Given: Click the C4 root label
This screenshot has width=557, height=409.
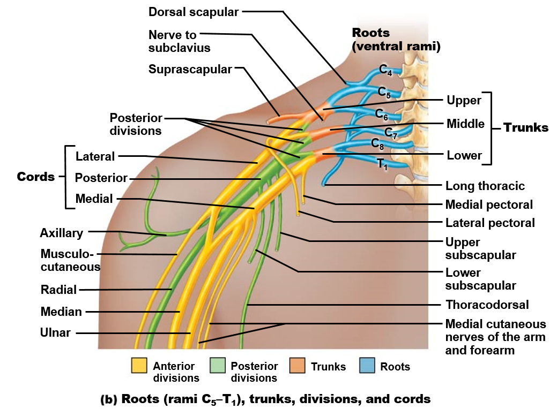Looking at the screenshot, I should (x=386, y=70).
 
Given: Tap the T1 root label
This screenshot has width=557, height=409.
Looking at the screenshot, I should (x=382, y=164).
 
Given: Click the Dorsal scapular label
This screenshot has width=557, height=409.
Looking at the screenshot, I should (x=194, y=12).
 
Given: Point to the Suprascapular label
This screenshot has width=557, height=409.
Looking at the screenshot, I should (x=190, y=69).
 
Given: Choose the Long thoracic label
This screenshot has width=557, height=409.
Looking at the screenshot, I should (x=485, y=186).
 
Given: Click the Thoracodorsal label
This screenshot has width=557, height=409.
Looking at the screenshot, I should (x=487, y=305).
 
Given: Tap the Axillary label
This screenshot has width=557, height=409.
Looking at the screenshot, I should (x=62, y=233).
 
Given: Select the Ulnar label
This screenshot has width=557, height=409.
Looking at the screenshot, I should (x=55, y=332).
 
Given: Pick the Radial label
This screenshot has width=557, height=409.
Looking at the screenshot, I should (x=58, y=290).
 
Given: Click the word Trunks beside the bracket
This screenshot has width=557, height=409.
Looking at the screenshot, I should (x=526, y=127).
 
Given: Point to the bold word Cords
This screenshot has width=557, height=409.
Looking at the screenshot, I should (x=36, y=177).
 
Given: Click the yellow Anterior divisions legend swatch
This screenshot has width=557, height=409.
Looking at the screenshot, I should (x=139, y=366).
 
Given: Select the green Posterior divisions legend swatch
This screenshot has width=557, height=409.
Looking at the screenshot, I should (x=218, y=366).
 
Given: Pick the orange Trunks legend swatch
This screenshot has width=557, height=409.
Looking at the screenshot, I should (x=297, y=366).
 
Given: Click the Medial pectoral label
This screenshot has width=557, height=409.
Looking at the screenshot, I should (x=489, y=205).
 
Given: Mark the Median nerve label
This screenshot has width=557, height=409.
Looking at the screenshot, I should (x=61, y=312).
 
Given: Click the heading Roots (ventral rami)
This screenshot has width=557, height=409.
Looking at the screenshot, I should (x=396, y=40).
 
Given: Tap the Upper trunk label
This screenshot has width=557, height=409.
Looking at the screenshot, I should (x=464, y=100).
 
